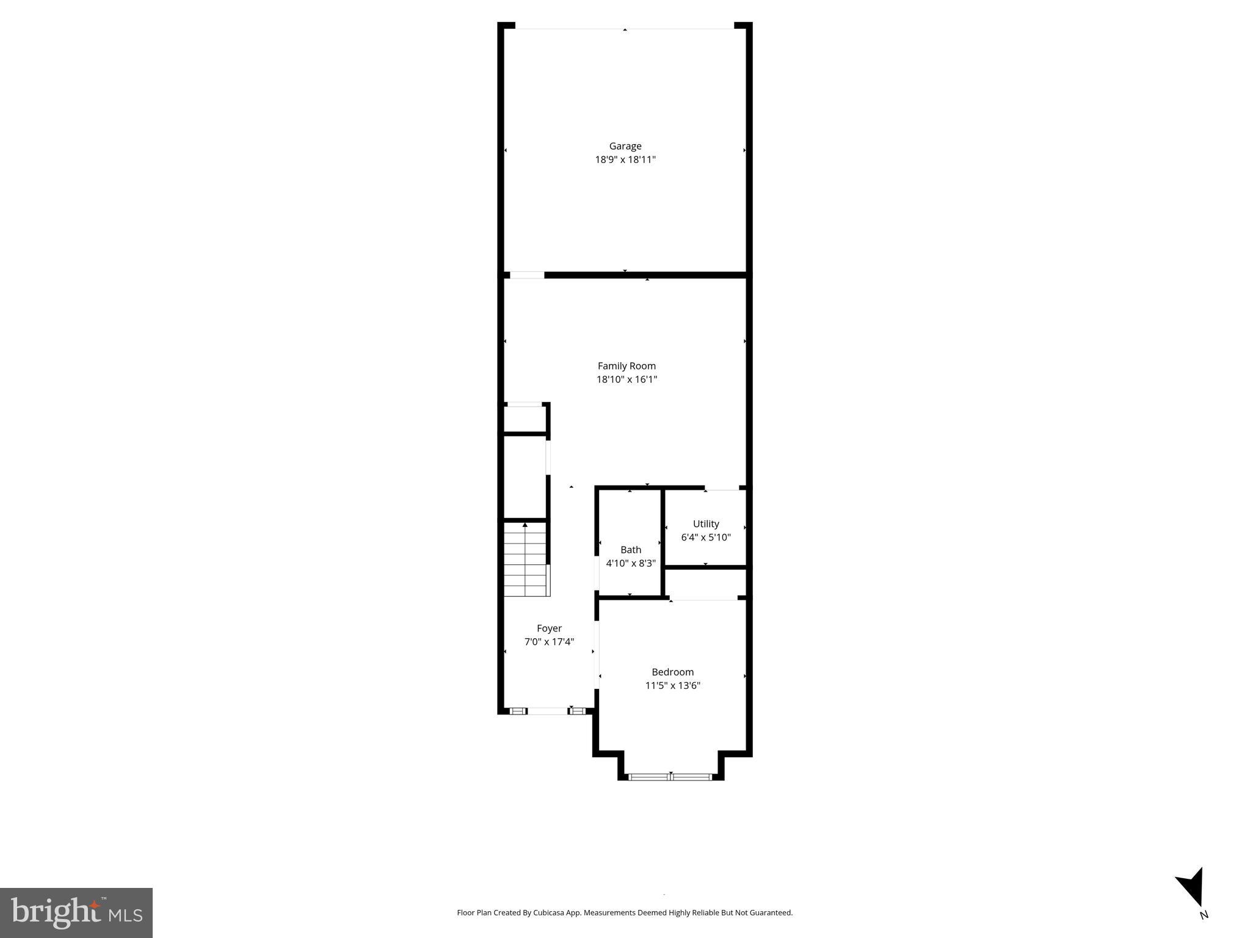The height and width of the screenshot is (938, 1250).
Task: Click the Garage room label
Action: point(625,146)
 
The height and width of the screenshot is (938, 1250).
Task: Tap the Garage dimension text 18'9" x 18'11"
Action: point(625,160)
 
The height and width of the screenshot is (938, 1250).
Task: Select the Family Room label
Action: point(627,366)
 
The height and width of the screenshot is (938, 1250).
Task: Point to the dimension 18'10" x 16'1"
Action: point(627,379)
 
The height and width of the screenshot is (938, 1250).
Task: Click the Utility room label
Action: point(706,524)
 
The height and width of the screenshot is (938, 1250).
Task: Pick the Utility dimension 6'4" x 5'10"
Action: point(706,537)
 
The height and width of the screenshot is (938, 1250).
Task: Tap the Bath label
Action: point(631,550)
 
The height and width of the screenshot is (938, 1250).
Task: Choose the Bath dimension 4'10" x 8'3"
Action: point(631,563)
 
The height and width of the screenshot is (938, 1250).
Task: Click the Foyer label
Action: point(549,628)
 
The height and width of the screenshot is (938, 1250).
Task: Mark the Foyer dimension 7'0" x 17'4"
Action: point(549,642)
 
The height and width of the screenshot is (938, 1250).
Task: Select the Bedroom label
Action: point(672,672)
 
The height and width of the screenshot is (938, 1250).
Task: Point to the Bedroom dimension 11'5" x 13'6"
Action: point(672,685)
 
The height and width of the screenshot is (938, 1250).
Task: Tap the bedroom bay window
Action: point(670,777)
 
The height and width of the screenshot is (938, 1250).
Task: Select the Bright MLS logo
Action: point(76,912)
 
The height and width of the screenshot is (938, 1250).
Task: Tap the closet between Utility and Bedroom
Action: point(705,583)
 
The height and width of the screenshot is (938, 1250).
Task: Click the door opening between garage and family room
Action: point(526,275)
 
